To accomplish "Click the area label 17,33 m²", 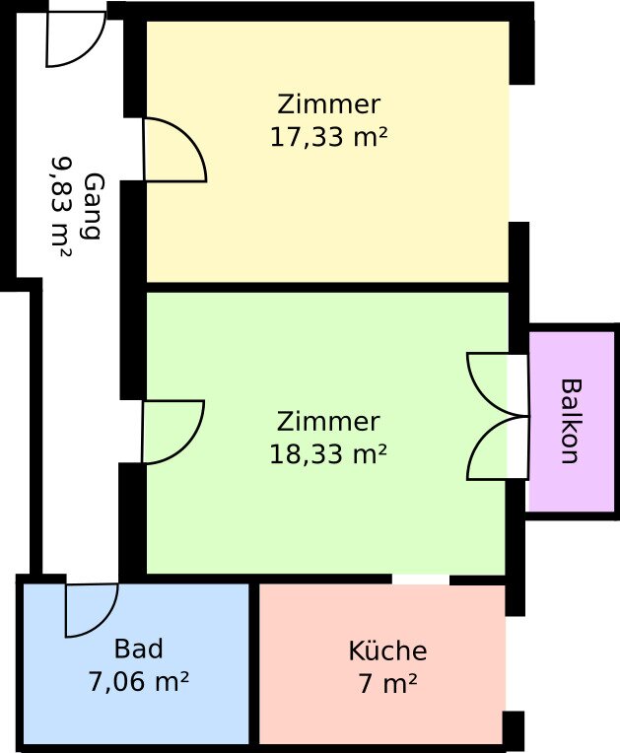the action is (x=328, y=137).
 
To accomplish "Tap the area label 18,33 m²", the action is (x=328, y=453).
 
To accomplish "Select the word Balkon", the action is (x=572, y=421).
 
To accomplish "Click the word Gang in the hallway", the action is (x=94, y=206).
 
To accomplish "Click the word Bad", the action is (x=138, y=649).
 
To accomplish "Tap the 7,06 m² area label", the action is (x=138, y=681).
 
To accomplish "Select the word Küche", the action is (x=387, y=650).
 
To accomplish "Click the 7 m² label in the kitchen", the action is (x=387, y=683).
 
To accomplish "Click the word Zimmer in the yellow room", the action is (x=329, y=104).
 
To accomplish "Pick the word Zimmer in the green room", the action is (x=328, y=421).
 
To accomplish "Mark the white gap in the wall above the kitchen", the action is (x=421, y=580).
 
